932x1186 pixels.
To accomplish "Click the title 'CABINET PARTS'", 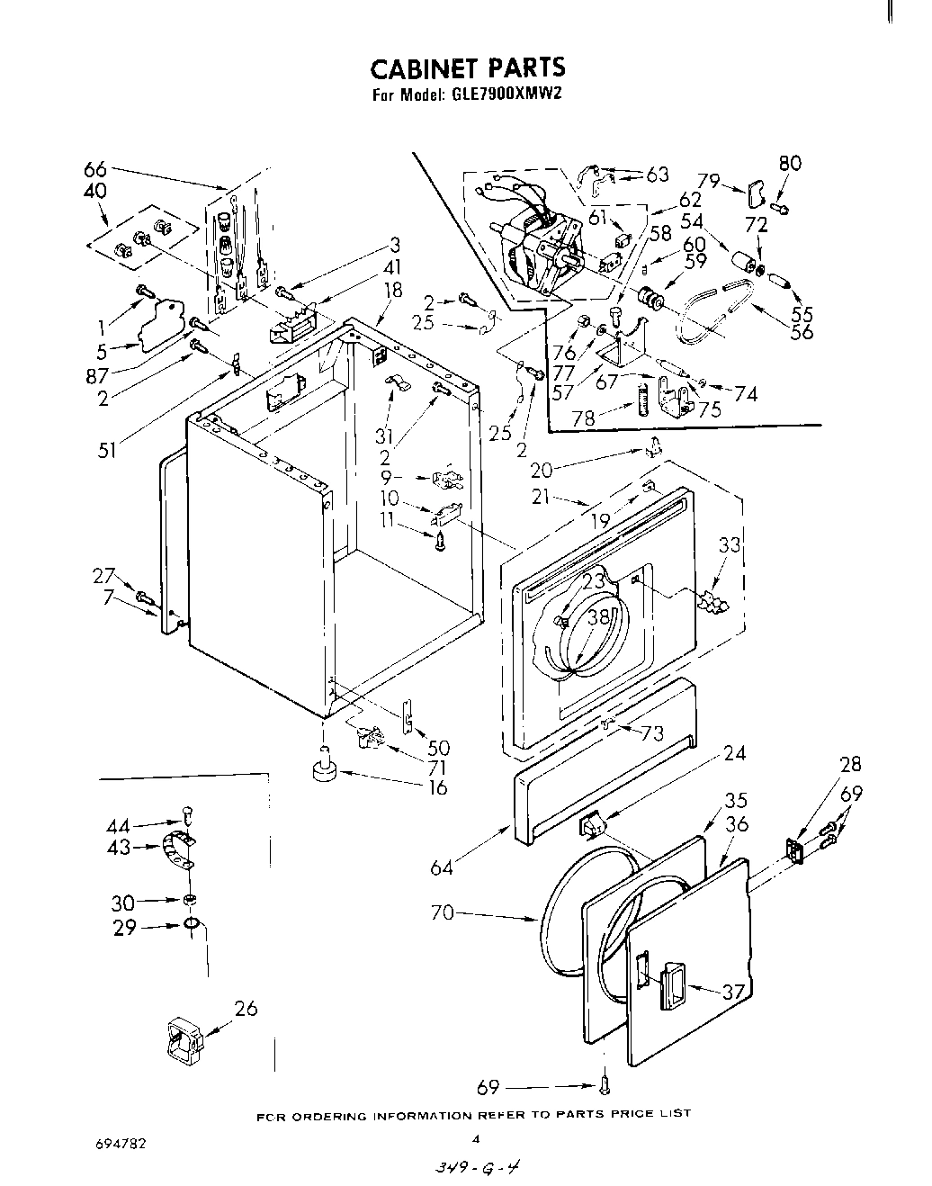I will click(469, 67).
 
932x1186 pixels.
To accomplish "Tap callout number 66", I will click(94, 169).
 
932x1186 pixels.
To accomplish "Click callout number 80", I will click(790, 163).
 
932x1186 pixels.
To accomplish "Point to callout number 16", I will click(438, 788).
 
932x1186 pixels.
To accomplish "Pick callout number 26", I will click(245, 1008).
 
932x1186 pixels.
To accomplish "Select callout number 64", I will click(441, 867).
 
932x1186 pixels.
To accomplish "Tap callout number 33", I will click(730, 544).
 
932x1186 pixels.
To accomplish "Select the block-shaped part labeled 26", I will click(184, 1042).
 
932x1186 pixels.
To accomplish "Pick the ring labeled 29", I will click(192, 924).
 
